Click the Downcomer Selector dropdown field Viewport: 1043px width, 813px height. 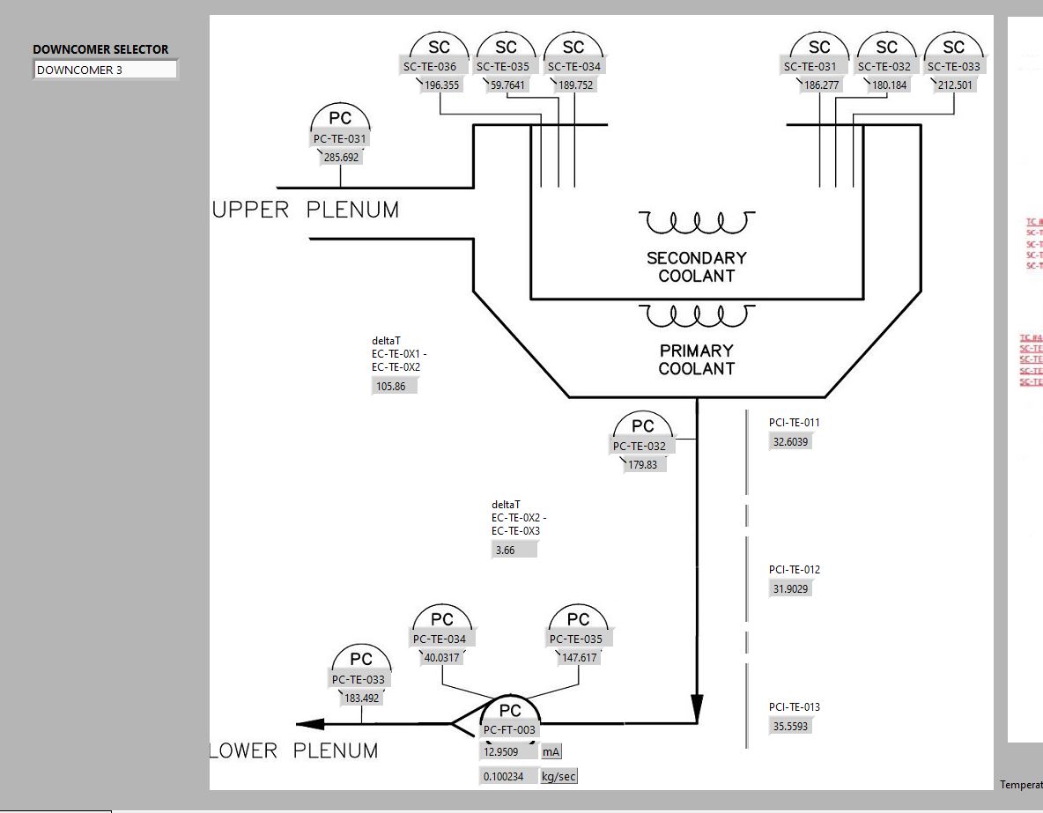(106, 70)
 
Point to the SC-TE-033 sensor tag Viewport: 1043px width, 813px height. (953, 66)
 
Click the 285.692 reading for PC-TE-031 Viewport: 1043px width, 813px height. (341, 158)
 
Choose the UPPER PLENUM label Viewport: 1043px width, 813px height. (306, 210)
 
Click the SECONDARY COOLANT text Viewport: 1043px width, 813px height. (696, 267)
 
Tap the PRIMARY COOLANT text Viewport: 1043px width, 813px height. (696, 359)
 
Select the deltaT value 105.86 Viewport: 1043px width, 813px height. (394, 386)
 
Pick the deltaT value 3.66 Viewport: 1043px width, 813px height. (514, 550)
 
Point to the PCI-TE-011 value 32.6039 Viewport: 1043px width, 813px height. (790, 442)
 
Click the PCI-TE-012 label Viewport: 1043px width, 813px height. (794, 570)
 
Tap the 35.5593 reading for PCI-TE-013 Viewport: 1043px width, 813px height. (790, 727)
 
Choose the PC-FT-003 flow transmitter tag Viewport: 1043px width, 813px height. (509, 729)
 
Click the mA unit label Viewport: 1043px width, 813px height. (551, 751)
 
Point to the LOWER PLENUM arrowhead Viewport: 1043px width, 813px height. (309, 724)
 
